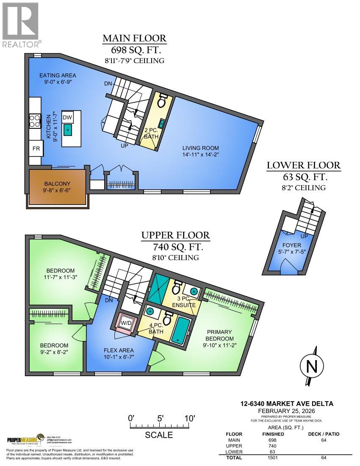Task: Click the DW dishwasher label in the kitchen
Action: pyautogui.click(x=67, y=117)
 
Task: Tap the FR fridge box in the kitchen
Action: pyautogui.click(x=36, y=149)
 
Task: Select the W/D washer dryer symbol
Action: pyautogui.click(x=127, y=323)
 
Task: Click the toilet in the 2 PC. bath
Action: pyautogui.click(x=161, y=101)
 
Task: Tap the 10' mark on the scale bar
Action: pyautogui.click(x=189, y=418)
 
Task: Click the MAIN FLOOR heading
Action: pyautogui.click(x=135, y=39)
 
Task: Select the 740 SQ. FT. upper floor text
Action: pyautogui.click(x=175, y=247)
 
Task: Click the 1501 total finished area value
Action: pyautogui.click(x=272, y=458)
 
